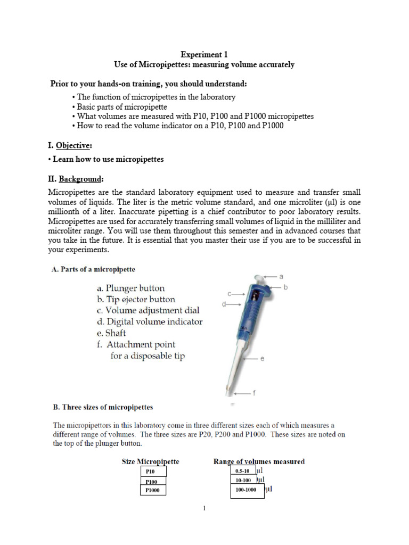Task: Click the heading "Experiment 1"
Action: click(x=204, y=54)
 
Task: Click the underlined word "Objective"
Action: click(x=75, y=145)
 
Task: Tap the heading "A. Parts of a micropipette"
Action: click(x=97, y=270)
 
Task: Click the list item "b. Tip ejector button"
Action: click(x=133, y=300)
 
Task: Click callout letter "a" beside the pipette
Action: click(x=281, y=277)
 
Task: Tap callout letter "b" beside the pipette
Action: click(x=285, y=287)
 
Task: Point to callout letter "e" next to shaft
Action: click(x=262, y=359)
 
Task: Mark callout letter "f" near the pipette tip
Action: click(x=254, y=393)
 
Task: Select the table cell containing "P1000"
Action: click(x=153, y=490)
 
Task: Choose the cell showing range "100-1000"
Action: click(x=246, y=490)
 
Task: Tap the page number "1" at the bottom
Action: click(x=204, y=509)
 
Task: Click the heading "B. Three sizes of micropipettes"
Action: click(x=103, y=408)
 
